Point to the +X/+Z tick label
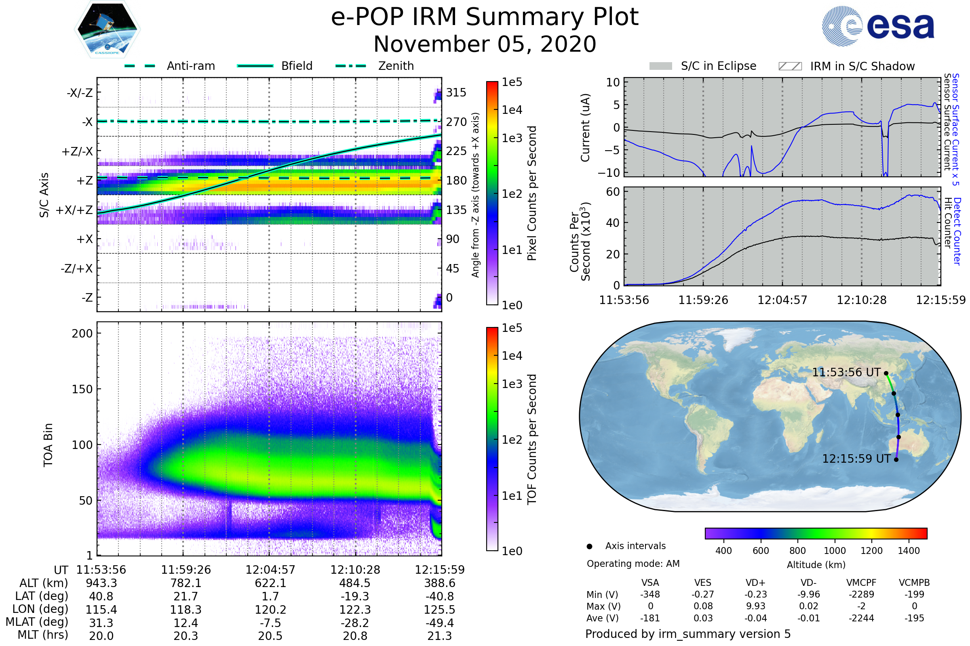74,210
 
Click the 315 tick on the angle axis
456,92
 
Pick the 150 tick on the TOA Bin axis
82,389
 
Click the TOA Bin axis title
48,445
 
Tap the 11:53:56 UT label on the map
846,372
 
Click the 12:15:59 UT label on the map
856,459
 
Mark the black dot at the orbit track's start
886,373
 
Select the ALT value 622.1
270,583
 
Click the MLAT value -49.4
439,623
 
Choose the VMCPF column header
861,583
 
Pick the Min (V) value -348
650,594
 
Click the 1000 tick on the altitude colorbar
834,551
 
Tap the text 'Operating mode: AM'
633,564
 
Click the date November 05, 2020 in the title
485,44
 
